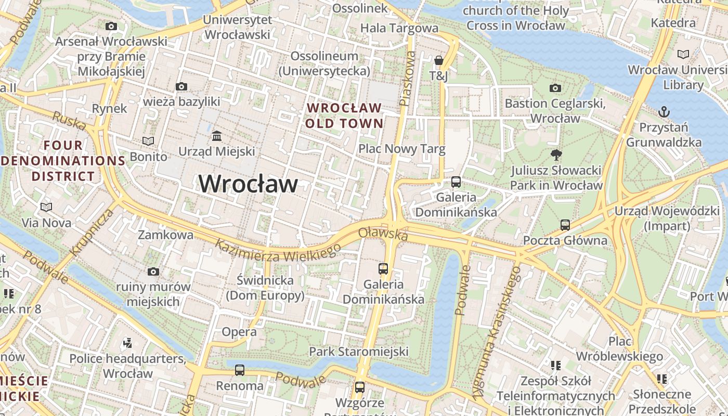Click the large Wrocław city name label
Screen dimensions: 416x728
pyautogui.click(x=249, y=184)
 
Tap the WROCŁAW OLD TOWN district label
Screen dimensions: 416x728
pyautogui.click(x=344, y=115)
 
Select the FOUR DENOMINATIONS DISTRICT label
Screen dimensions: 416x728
pyautogui.click(x=63, y=161)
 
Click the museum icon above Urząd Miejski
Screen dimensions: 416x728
pyautogui.click(x=217, y=136)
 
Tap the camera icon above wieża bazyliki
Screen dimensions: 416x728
pyautogui.click(x=181, y=86)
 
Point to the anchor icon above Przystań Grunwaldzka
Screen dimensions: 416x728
pyautogui.click(x=664, y=112)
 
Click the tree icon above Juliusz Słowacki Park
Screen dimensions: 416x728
pyautogui.click(x=556, y=154)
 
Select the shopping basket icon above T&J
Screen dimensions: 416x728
pyautogui.click(x=438, y=60)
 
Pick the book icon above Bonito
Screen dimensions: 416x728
pyautogui.click(x=148, y=141)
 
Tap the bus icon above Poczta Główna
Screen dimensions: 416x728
pyautogui.click(x=565, y=225)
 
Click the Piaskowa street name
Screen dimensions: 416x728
pyautogui.click(x=407, y=78)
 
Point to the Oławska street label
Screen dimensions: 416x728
pyautogui.click(x=383, y=234)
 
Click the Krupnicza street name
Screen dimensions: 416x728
pyautogui.click(x=93, y=232)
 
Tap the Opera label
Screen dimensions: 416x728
pyautogui.click(x=239, y=332)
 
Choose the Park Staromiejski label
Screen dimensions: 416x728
pyautogui.click(x=359, y=352)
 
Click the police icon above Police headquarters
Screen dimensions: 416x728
pyautogui.click(x=127, y=343)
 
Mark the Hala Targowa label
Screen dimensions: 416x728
pyautogui.click(x=399, y=28)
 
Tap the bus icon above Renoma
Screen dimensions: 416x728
pyautogui.click(x=239, y=370)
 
